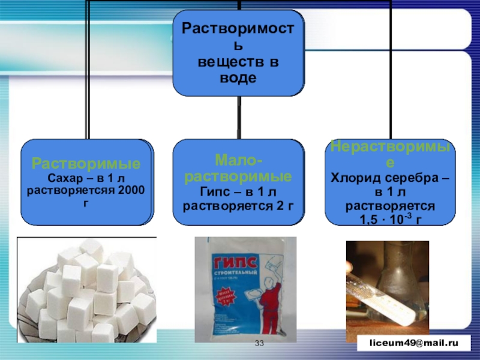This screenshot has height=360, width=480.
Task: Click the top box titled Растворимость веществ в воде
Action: point(239,53)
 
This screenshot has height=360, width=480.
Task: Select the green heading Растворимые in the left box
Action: point(86,163)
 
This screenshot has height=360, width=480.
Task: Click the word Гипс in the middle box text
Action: point(214,192)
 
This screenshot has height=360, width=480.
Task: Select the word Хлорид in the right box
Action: point(352,178)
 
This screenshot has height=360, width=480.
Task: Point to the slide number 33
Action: point(260,343)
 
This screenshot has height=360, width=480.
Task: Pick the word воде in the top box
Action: point(239,78)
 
